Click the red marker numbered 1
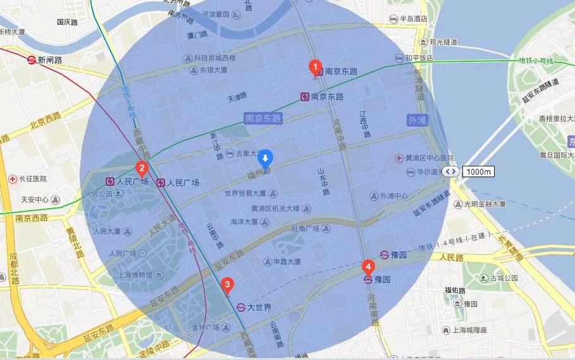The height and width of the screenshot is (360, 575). tap(312, 67)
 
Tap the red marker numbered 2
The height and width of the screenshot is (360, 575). tap(142, 169)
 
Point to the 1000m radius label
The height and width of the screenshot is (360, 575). tap(479, 171)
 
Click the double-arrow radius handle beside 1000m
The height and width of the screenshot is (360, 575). tap(450, 171)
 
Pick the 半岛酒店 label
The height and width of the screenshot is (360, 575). tap(409, 19)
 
